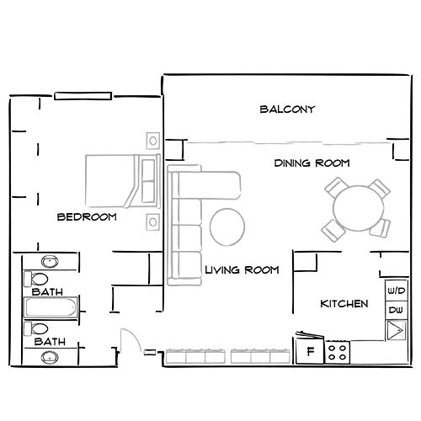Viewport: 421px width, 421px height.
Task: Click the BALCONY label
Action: point(287,109)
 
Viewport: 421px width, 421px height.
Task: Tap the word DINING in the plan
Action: point(292,163)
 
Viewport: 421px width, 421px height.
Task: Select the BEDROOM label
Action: point(86,217)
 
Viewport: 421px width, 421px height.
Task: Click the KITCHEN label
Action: point(344,303)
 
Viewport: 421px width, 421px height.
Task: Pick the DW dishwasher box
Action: point(394,311)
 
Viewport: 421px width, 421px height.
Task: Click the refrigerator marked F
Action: point(309,351)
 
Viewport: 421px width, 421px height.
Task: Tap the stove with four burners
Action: point(338,350)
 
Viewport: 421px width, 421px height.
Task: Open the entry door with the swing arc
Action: point(130,345)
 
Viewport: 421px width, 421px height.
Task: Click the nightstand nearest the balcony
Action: point(152,139)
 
